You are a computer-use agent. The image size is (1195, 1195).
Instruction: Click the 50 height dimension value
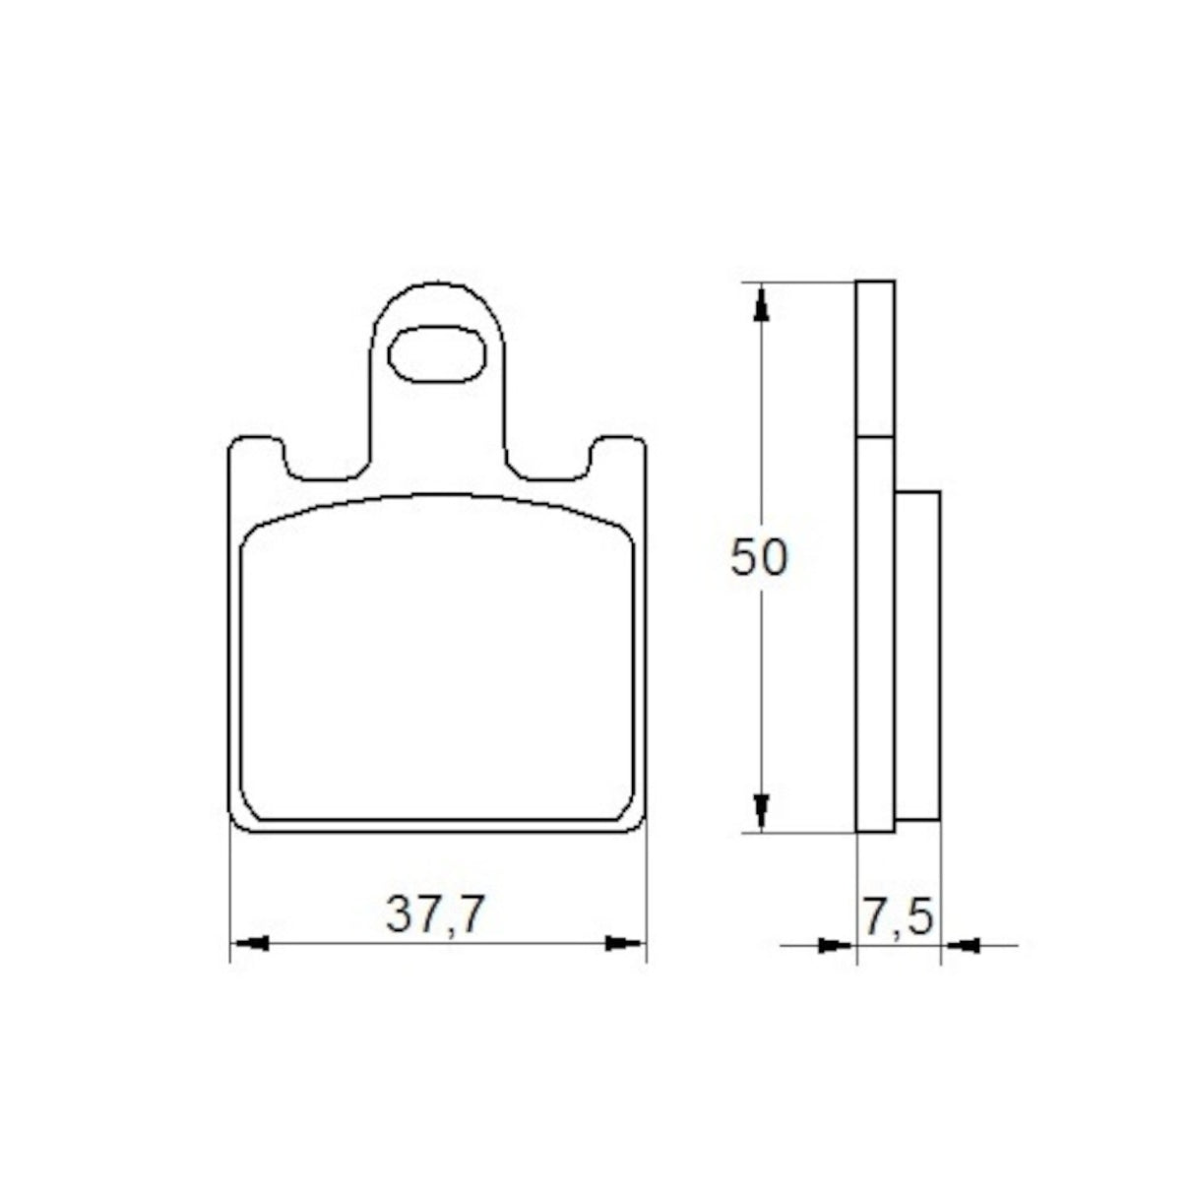tap(758, 558)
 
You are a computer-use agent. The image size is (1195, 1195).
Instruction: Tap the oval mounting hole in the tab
tap(438, 351)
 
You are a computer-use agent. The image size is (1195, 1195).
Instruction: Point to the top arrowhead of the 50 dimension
tap(759, 305)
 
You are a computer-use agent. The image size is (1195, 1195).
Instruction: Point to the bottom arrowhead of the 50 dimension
tap(759, 810)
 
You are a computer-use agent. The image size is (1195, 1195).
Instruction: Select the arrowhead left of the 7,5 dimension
tap(836, 946)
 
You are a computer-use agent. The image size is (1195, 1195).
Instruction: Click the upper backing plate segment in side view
tap(875, 358)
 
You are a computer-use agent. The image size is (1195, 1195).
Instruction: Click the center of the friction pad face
tap(437, 660)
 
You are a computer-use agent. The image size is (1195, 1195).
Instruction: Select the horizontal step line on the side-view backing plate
tap(875, 436)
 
